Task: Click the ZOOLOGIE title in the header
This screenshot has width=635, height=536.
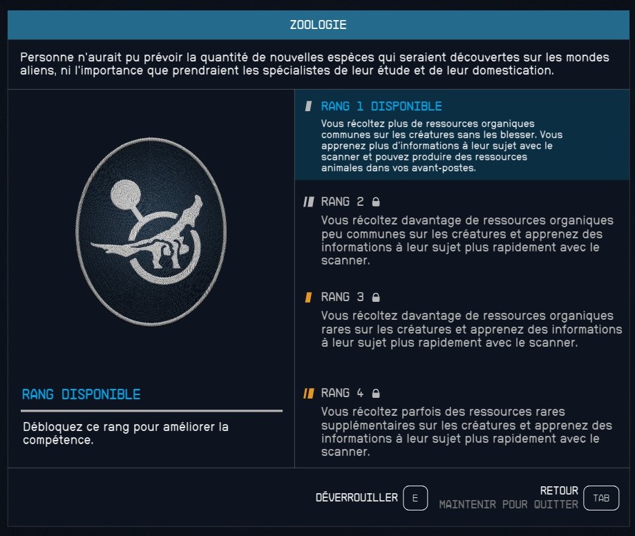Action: point(318,25)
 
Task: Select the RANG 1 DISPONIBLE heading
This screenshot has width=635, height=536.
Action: point(381,106)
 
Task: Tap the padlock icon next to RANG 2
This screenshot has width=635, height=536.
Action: point(376,202)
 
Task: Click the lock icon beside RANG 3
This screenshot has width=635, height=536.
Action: point(376,297)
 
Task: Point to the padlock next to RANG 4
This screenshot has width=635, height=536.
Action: point(376,393)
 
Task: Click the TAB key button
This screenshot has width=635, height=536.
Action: point(601,498)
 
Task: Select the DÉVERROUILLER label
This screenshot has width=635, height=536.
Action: point(357,497)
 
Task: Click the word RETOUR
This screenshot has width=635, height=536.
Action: point(559,490)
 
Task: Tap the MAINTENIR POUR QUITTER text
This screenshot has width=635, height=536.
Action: point(509,504)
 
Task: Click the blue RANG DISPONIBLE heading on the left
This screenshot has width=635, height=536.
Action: point(81,394)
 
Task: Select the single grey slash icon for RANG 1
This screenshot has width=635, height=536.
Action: point(308,106)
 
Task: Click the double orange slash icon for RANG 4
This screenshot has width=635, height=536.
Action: point(309,393)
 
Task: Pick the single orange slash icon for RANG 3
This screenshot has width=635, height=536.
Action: point(308,297)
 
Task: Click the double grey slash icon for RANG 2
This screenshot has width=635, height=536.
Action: point(309,202)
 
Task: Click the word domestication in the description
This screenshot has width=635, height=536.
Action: point(513,70)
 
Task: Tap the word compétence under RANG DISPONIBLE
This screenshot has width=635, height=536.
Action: point(58,440)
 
